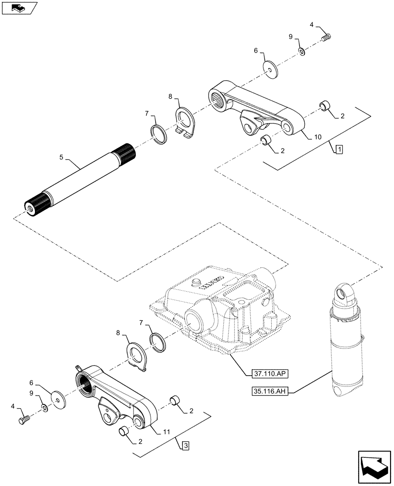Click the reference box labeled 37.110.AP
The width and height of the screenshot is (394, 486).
point(270,374)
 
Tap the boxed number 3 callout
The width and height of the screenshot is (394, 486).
point(186,444)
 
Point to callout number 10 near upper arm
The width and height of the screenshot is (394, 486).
point(317,138)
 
